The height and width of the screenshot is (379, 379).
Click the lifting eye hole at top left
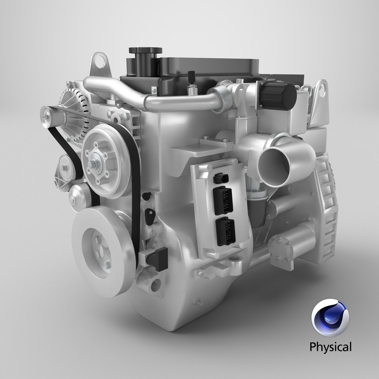click(x=101, y=65)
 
